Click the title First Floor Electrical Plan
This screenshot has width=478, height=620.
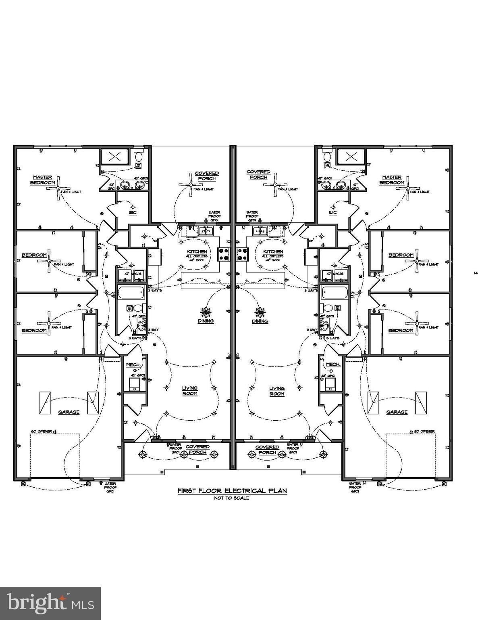(232, 491)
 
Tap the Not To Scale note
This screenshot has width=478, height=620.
(232, 498)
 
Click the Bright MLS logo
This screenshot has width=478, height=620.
(50, 603)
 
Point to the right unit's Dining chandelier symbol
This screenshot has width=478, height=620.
(260, 312)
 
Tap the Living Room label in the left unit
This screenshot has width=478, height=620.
(189, 390)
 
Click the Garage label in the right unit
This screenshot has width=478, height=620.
(397, 412)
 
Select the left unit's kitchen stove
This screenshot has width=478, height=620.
(223, 254)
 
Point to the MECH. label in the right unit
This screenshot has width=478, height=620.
(334, 364)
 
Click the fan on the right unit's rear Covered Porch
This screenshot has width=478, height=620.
(275, 185)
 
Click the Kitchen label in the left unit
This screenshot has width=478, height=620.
(197, 251)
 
